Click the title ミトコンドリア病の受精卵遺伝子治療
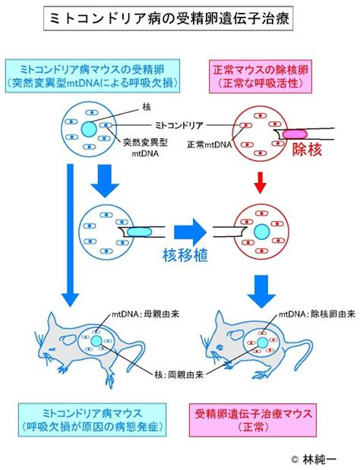coord(168,19)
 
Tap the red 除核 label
coord(307,150)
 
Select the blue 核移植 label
coord(185,255)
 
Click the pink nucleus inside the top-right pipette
coord(295,134)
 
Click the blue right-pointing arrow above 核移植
coord(191,232)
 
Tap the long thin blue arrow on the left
coord(70,235)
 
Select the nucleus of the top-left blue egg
coord(89,129)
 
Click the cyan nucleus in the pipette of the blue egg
coord(139,232)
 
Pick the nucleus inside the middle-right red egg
coord(262,232)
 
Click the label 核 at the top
coord(147,107)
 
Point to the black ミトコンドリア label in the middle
coord(179,125)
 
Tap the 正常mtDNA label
coord(210,145)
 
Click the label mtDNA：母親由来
coord(146,314)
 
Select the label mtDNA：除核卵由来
coord(317,314)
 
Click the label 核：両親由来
coord(179,374)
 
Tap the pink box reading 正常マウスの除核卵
coord(261,77)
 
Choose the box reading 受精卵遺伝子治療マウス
coord(253,420)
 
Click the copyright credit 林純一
coord(314,459)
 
